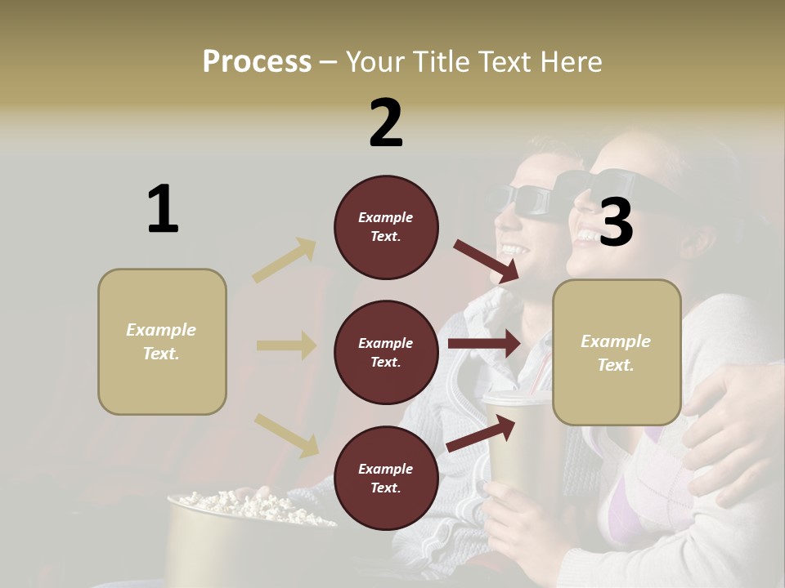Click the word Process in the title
257,61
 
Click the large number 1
163,209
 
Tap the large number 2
386,122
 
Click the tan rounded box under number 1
162,341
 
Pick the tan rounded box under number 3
617,352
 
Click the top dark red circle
386,227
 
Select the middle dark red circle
386,352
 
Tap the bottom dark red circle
386,478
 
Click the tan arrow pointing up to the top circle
285,261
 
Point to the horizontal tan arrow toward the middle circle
286,345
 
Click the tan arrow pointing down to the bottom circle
286,434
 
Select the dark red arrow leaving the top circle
487,261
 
